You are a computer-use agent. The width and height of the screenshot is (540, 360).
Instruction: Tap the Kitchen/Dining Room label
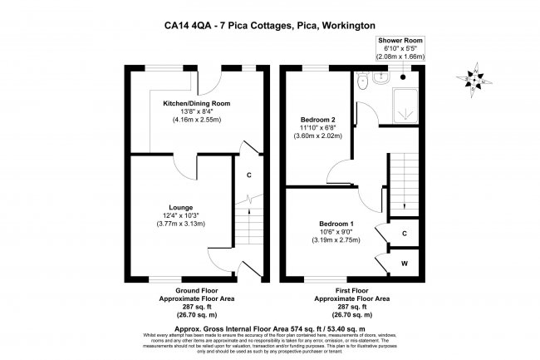(196, 103)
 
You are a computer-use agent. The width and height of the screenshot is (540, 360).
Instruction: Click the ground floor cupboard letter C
(248, 175)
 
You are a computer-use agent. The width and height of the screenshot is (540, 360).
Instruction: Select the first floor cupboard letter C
(403, 234)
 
